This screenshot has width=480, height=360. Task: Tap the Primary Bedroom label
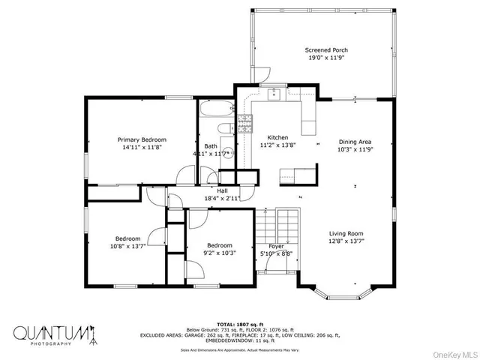[142, 139]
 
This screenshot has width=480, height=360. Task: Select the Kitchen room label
[278, 138]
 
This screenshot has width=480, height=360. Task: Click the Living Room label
[346, 233]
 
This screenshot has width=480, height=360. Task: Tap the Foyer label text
[276, 246]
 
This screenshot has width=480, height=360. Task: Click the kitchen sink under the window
[274, 94]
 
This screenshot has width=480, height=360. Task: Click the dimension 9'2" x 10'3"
[220, 253]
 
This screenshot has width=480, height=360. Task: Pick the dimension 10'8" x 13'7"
[124, 246]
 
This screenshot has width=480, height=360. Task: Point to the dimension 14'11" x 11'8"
[142, 148]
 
